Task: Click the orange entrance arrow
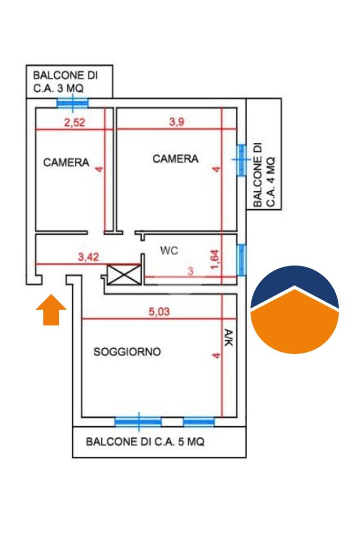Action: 51,310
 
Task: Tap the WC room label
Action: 169,250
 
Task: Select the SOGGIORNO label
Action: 127,351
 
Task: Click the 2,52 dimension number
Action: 75,123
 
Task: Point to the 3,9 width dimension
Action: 177,122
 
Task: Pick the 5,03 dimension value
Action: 159,312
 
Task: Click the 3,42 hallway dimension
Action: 89,257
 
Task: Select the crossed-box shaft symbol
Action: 124,274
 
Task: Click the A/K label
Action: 229,338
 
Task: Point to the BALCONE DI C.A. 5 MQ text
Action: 145,441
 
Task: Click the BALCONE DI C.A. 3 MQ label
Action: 65,82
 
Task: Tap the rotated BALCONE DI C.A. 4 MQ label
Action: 264,174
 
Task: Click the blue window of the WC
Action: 241,260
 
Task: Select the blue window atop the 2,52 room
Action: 72,103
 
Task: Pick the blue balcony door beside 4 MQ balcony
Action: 241,160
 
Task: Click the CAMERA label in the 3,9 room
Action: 176,159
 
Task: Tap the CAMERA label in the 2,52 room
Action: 66,162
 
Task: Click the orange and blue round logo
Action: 295,310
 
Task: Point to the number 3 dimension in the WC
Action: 191,271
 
